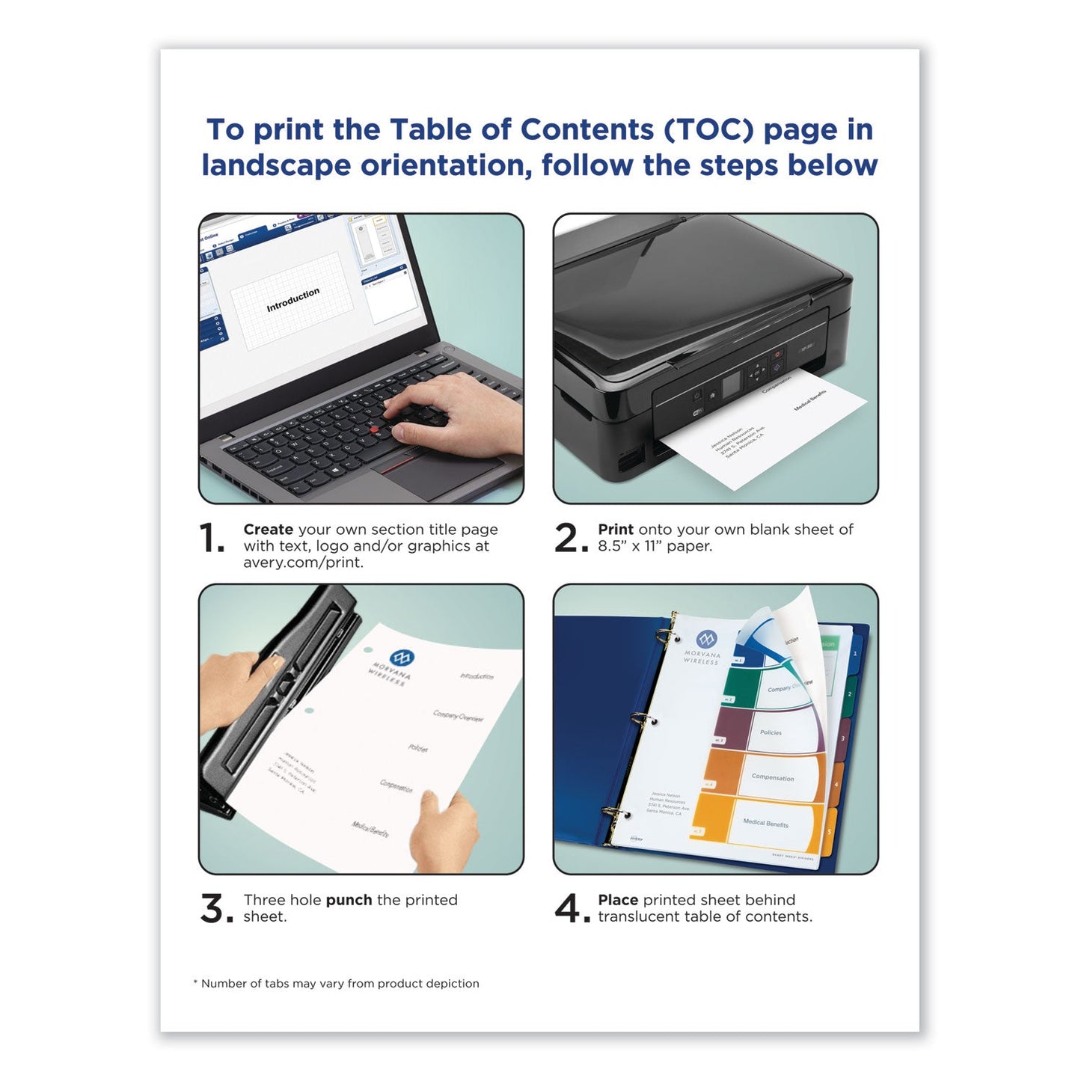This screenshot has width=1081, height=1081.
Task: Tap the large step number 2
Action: click(x=570, y=539)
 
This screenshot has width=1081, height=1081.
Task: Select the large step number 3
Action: click(x=215, y=909)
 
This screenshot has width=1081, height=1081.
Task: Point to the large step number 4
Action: click(x=570, y=909)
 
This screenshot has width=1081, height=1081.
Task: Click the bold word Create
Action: click(x=268, y=530)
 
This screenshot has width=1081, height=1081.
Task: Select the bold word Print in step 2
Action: click(x=615, y=530)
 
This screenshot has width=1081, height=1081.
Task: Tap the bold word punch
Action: click(x=349, y=900)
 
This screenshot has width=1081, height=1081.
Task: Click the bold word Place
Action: click(x=618, y=900)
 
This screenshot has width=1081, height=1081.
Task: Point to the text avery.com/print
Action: click(x=303, y=563)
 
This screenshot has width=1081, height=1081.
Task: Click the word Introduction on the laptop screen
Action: click(x=293, y=299)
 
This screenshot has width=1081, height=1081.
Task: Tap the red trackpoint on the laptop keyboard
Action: click(x=374, y=430)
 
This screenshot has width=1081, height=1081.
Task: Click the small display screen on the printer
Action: click(x=730, y=382)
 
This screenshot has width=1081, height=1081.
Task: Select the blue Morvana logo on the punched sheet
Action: click(x=402, y=658)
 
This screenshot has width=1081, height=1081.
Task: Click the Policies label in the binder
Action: click(x=771, y=733)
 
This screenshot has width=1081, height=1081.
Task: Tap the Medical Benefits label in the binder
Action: click(x=765, y=823)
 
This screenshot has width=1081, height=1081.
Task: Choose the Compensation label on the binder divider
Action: click(x=773, y=778)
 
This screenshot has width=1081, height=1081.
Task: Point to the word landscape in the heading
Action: click(x=276, y=165)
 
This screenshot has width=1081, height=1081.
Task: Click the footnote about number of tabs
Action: click(x=337, y=984)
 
